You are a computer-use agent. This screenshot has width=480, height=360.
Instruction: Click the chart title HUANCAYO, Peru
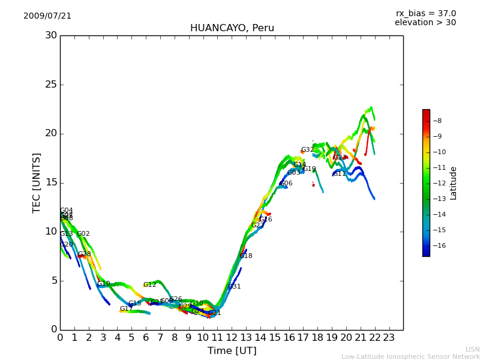click(x=232, y=28)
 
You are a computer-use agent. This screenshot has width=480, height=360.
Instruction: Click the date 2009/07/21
click(x=47, y=16)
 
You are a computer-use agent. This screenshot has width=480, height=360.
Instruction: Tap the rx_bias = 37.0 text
click(x=425, y=14)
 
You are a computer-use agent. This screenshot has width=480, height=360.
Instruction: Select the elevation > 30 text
click(x=425, y=23)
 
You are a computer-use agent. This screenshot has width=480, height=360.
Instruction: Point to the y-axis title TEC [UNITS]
click(x=37, y=182)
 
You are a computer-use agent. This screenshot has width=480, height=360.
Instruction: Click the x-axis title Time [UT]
click(x=232, y=350)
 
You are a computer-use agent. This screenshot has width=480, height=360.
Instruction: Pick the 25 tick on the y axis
click(x=51, y=85)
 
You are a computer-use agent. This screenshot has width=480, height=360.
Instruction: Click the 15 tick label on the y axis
click(x=51, y=182)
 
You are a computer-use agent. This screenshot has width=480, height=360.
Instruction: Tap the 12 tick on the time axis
click(x=232, y=337)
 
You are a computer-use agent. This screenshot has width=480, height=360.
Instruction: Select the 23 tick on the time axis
click(x=389, y=337)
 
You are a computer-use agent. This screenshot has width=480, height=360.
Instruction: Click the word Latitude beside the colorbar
click(x=454, y=183)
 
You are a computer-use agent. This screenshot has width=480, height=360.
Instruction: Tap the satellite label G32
click(x=307, y=150)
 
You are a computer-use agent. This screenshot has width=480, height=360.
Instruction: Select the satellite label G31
click(x=235, y=287)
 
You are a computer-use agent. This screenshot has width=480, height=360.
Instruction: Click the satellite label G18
click(x=246, y=256)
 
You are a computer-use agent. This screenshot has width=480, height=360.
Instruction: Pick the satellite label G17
click(x=126, y=309)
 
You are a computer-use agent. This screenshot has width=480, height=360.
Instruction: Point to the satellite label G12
click(x=149, y=285)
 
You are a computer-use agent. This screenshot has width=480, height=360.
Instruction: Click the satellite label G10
click(x=104, y=284)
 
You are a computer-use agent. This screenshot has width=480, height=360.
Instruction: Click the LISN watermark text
click(x=472, y=349)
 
